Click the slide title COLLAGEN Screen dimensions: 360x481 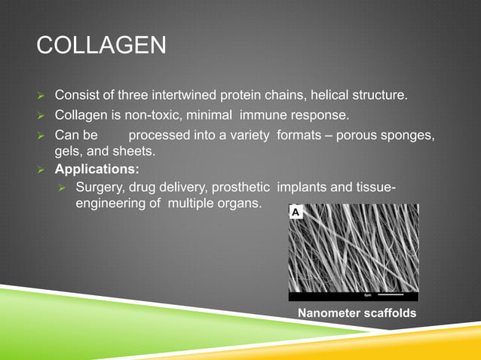click(x=101, y=46)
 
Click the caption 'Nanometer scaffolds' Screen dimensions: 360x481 click(x=357, y=313)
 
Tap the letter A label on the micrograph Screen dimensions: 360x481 click(x=296, y=213)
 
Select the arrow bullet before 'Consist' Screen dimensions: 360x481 click(x=42, y=96)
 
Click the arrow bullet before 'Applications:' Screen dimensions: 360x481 click(x=42, y=170)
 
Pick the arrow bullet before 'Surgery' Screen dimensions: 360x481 click(x=65, y=188)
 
